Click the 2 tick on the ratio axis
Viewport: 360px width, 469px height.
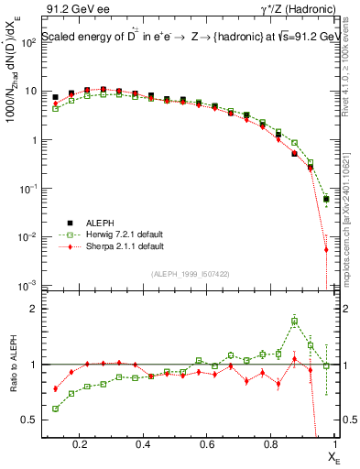[35, 309]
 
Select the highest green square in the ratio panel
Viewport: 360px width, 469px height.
[294, 322]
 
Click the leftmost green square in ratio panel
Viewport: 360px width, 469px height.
[56, 409]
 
